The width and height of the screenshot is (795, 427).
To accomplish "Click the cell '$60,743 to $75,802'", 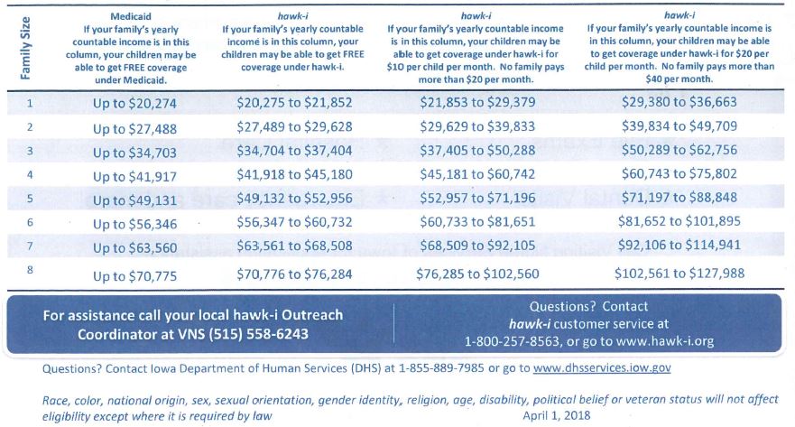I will pyautogui.click(x=679, y=175).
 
